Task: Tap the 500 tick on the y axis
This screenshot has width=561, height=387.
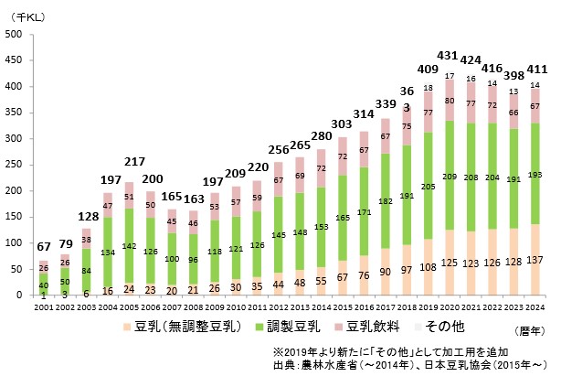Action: click(x=16, y=35)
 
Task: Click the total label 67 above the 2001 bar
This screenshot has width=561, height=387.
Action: click(x=43, y=248)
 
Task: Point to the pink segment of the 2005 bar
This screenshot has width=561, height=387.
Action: click(x=129, y=196)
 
